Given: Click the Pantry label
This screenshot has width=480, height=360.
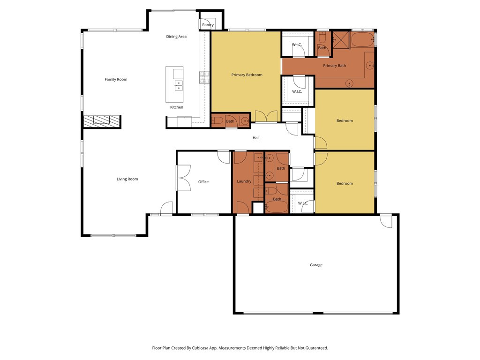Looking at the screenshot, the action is (x=208, y=25).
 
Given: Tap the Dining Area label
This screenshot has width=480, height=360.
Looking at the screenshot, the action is (x=176, y=37).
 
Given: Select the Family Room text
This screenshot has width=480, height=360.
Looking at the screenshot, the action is (x=116, y=79).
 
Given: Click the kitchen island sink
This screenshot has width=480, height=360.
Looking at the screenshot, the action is (x=179, y=85).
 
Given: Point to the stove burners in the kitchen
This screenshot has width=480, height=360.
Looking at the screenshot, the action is (x=204, y=77).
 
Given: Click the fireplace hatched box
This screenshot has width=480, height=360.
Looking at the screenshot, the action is (x=102, y=121).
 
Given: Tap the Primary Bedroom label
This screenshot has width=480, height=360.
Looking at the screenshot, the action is (x=247, y=75).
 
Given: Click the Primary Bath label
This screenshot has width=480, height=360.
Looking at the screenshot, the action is (x=335, y=66).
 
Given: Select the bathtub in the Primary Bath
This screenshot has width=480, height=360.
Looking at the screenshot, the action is (x=362, y=40).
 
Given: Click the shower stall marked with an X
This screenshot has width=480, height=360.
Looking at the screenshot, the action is (x=341, y=40).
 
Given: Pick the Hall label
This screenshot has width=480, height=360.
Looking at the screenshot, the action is (x=256, y=138).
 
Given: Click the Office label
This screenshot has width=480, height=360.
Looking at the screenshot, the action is (x=203, y=182).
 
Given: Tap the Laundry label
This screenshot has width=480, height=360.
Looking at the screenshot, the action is (x=244, y=181).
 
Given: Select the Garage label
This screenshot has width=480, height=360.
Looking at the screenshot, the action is (x=316, y=265).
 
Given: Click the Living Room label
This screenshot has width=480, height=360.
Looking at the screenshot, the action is (x=127, y=179).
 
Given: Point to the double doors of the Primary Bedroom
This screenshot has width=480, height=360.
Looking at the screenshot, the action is (x=266, y=116).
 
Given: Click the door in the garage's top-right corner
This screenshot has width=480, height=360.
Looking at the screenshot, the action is (x=386, y=221).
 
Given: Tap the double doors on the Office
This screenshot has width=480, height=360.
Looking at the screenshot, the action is (x=183, y=178).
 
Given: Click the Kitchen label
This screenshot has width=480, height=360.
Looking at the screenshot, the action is (x=177, y=107).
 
